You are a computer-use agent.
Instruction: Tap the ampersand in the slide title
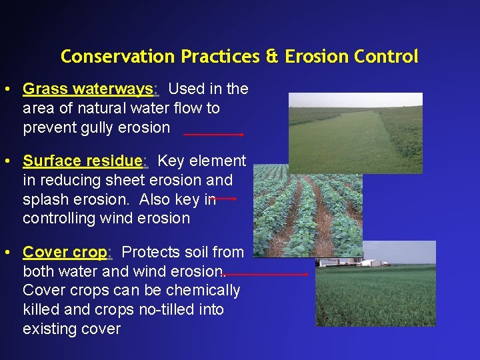[272, 57]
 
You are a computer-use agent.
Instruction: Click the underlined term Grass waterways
[88, 89]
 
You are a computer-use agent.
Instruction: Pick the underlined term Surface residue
[83, 161]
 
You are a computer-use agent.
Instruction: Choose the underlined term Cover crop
[65, 252]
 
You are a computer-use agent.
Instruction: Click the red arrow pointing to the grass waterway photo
[214, 134]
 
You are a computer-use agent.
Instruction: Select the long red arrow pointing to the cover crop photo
[267, 274]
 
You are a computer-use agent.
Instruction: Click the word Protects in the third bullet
[151, 252]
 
